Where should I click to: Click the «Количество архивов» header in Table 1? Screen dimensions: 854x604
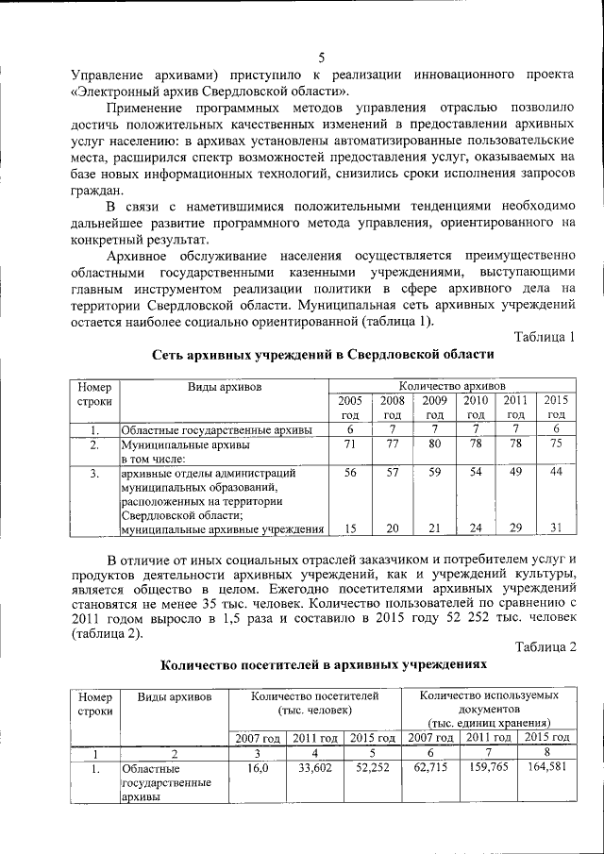pyautogui.click(x=452, y=386)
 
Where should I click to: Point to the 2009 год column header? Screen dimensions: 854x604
pyautogui.click(x=435, y=408)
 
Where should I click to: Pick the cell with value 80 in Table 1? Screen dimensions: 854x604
pyautogui.click(x=435, y=444)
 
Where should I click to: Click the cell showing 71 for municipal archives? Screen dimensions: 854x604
pyautogui.click(x=350, y=444)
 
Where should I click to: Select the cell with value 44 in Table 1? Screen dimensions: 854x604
pyautogui.click(x=557, y=472)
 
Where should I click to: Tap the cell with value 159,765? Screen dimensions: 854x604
pyautogui.click(x=489, y=768)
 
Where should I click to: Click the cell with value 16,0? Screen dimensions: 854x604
pyautogui.click(x=258, y=768)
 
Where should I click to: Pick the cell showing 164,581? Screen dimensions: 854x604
pyautogui.click(x=548, y=768)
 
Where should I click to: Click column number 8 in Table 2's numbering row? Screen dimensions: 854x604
pyautogui.click(x=548, y=752)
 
